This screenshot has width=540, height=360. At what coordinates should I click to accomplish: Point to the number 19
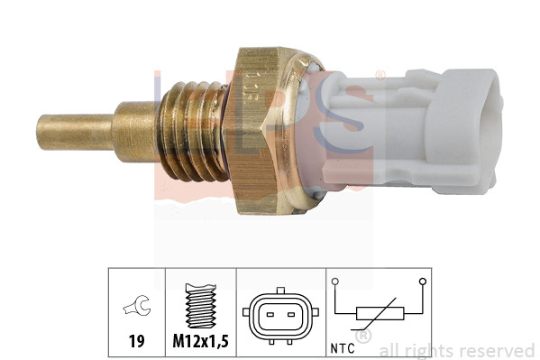(136, 342)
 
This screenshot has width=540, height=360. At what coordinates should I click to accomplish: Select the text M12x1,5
(200, 343)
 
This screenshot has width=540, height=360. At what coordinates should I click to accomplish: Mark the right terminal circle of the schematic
(422, 282)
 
